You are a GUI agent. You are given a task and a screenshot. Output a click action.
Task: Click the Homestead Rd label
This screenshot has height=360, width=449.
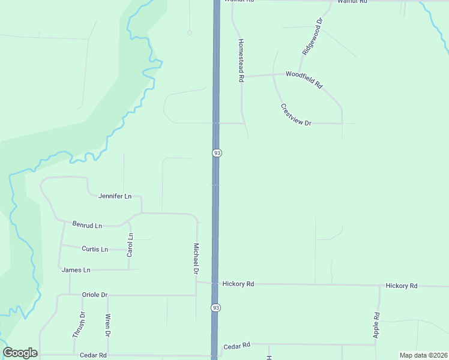241,60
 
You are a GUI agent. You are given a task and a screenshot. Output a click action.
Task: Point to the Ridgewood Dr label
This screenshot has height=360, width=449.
313,37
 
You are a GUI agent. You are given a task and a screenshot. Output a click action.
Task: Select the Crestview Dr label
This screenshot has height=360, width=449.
296,115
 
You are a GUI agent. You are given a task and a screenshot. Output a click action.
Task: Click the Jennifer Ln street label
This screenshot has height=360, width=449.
115,196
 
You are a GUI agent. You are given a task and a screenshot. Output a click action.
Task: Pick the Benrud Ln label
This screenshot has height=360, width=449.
88,225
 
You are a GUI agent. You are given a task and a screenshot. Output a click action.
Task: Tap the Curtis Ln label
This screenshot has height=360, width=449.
95,249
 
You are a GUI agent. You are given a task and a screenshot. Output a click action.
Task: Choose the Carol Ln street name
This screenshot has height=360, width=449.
130,245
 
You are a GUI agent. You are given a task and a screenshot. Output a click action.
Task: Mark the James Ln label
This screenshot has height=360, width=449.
76,270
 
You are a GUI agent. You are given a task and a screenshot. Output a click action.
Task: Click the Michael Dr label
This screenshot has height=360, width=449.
196,259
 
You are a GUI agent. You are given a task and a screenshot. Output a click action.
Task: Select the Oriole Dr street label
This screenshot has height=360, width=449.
94,295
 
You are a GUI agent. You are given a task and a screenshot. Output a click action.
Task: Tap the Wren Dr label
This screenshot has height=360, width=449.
108,325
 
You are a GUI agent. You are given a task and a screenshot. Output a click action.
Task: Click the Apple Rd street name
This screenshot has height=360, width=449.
376,324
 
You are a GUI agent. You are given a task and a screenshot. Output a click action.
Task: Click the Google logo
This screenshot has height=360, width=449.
20,353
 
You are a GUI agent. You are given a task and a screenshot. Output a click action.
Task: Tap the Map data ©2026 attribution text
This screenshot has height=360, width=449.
423,355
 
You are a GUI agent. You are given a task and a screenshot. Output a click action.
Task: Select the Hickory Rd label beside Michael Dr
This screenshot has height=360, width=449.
238,284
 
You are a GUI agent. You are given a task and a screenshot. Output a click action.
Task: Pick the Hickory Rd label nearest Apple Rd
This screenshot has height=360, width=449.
402,286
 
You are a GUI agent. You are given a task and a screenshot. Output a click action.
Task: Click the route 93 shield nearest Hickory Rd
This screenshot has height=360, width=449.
215,307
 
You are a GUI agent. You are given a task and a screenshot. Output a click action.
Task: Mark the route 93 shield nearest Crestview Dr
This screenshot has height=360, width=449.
217,153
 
